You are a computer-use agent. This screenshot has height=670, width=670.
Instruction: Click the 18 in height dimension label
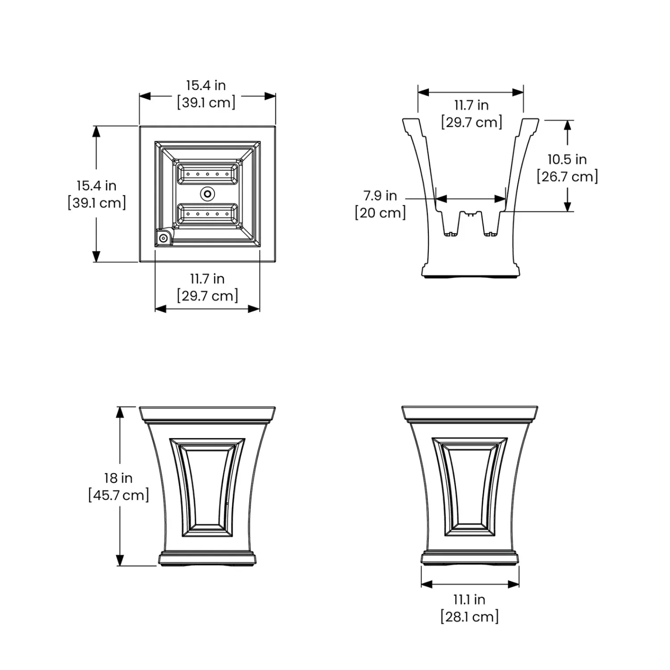click(x=118, y=478)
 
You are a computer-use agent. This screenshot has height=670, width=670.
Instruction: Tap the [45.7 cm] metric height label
click(x=118, y=495)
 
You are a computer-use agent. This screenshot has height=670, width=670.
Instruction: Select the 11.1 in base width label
click(x=469, y=599)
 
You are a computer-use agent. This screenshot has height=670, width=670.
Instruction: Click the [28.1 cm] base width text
click(x=469, y=617)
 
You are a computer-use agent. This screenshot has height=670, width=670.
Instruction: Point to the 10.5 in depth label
click(x=567, y=159)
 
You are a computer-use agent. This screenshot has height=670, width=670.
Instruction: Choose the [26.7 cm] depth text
click(x=567, y=176)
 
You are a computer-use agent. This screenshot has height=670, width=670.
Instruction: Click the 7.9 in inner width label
click(x=380, y=196)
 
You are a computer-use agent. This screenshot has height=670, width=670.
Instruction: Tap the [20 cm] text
click(x=380, y=213)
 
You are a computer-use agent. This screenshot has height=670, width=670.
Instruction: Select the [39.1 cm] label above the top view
click(x=206, y=103)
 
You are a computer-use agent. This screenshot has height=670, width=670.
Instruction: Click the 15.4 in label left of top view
click(x=96, y=185)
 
